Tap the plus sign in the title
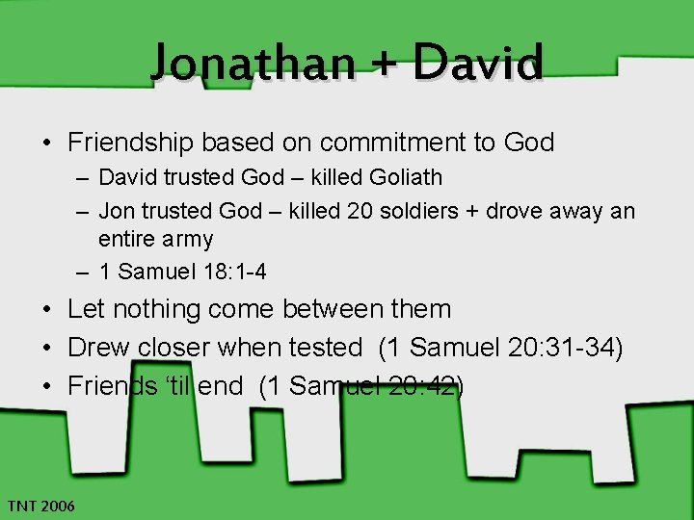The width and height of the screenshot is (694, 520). tap(383, 64)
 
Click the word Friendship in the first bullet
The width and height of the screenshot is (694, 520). tap(131, 143)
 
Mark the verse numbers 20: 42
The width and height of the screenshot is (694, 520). tap(417, 386)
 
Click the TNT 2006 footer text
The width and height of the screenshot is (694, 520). tap(40, 506)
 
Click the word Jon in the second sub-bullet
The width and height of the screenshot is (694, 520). tap(115, 210)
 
